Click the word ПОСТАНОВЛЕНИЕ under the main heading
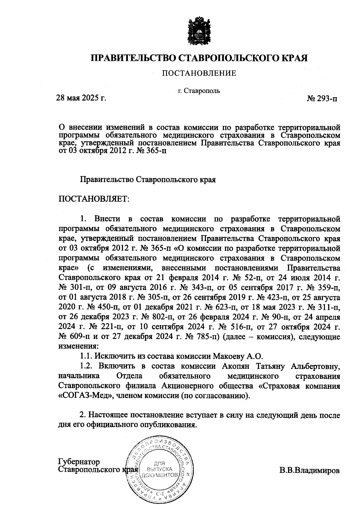199,73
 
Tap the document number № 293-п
322,99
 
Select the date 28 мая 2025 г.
82,98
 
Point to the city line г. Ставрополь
199,91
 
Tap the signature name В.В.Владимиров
310,470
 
